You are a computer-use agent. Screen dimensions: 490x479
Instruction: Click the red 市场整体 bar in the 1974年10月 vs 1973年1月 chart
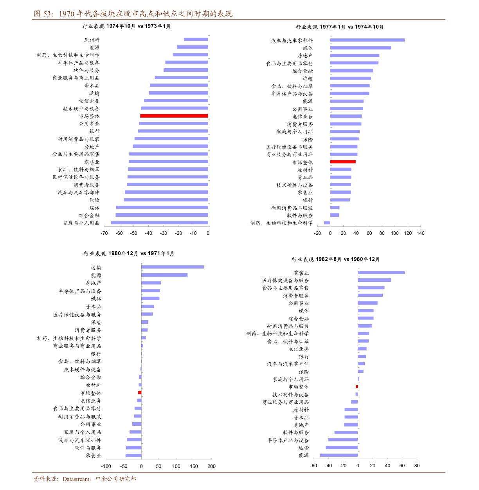click(174, 116)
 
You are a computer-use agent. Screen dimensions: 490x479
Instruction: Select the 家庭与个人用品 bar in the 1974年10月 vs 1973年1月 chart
click(160, 223)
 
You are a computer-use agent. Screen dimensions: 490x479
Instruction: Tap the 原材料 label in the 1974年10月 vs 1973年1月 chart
click(92, 40)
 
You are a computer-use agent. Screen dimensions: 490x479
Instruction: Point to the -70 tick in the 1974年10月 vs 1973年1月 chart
click(104, 233)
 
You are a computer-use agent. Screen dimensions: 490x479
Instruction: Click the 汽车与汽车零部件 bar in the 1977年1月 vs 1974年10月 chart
click(367, 40)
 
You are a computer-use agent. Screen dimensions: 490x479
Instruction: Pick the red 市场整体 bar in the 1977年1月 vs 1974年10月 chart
click(343, 162)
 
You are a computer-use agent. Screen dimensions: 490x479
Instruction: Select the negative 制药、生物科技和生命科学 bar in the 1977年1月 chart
click(327, 223)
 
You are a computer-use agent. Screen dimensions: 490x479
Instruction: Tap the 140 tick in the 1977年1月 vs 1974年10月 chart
click(421, 233)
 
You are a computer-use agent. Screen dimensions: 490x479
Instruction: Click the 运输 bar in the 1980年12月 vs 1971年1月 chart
click(173, 267)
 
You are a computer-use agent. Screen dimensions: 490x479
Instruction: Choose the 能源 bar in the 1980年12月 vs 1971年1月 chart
click(164, 275)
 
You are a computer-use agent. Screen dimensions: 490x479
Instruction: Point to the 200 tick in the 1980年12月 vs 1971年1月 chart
click(212, 466)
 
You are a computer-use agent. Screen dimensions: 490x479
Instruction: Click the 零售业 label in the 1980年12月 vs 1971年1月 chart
click(94, 456)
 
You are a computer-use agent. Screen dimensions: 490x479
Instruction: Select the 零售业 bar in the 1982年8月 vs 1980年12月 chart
click(381, 272)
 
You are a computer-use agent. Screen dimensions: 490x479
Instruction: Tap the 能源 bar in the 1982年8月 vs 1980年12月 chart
click(339, 455)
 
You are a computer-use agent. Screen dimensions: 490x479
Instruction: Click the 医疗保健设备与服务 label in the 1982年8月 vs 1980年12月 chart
click(286, 280)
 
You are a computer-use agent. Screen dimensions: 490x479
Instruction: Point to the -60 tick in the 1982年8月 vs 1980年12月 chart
click(313, 466)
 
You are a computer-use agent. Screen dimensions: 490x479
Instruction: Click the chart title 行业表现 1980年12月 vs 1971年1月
click(129, 254)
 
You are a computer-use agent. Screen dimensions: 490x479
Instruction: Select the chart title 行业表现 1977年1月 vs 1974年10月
click(340, 27)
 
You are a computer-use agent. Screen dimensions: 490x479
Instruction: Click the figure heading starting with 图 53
click(133, 14)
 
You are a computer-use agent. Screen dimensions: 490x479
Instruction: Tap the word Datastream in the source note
click(76, 479)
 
